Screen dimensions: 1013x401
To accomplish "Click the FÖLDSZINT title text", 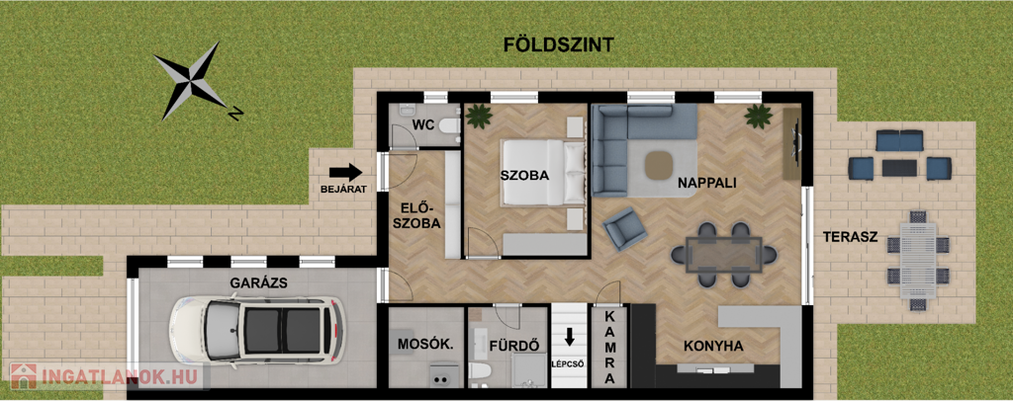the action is (x=558, y=44).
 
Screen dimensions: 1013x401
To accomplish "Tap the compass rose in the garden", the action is (x=192, y=81).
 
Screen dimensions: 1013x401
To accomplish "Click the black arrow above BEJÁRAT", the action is (x=345, y=172).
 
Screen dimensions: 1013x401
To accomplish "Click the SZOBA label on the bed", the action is (x=524, y=175).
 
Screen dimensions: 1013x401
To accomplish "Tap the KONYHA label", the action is (x=713, y=347).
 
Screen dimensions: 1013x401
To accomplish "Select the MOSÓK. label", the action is (x=425, y=345).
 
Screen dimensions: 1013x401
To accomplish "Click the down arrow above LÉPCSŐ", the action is (x=569, y=337).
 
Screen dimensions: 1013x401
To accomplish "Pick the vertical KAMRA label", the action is (x=609, y=347).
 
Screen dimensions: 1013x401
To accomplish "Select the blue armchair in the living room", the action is (x=625, y=228).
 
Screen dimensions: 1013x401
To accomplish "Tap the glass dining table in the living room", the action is (x=724, y=255).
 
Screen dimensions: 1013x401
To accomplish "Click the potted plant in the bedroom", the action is (x=479, y=116).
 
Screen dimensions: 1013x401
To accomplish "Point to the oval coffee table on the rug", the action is (x=659, y=164).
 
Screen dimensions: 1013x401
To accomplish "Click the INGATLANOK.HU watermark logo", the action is (x=107, y=376).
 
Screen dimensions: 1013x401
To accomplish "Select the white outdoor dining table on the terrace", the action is (x=918, y=261).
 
